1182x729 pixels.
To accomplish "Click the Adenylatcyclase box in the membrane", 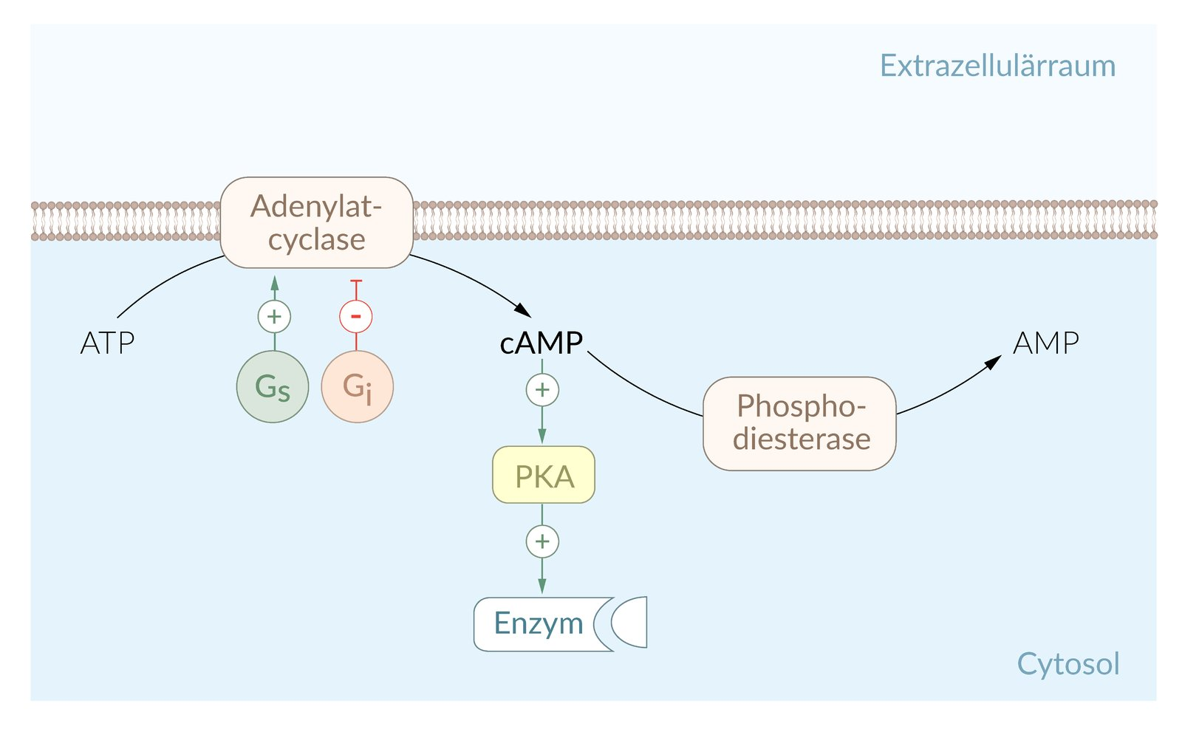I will (316, 222).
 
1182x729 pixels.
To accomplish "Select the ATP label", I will (108, 343).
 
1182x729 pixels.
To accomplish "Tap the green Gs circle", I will (273, 386).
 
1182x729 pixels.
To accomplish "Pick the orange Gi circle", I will (357, 386).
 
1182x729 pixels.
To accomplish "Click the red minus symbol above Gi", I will (355, 317).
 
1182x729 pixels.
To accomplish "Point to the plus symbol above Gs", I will (274, 317).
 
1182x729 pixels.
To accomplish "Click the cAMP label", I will (542, 343).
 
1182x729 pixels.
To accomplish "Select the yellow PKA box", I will (544, 475).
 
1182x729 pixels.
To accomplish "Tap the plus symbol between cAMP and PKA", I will (542, 389).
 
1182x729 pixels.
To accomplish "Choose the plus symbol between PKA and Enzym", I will (542, 541).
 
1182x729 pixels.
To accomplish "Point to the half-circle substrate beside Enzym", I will (632, 622).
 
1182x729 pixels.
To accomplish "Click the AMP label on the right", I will (1045, 343).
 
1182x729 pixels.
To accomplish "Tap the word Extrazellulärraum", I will (997, 66).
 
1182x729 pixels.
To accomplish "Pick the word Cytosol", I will (1068, 663).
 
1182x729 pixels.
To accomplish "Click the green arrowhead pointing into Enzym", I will (542, 586).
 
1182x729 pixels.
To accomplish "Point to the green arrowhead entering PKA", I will (542, 436).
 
